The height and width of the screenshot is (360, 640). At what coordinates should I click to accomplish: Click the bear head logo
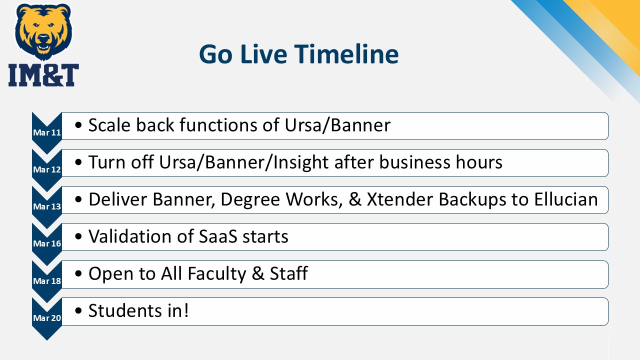click(43, 31)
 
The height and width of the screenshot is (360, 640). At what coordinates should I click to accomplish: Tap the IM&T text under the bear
click(43, 75)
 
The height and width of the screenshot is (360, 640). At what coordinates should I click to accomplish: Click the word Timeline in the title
click(346, 54)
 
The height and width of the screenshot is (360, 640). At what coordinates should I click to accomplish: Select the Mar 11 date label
click(47, 132)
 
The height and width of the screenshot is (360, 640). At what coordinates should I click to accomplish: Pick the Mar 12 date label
click(47, 169)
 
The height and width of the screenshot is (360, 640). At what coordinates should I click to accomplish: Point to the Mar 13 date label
click(47, 206)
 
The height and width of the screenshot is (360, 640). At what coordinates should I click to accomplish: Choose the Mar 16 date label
click(47, 243)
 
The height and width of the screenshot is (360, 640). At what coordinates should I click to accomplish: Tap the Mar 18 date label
click(47, 281)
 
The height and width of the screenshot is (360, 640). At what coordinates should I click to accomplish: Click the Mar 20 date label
click(47, 317)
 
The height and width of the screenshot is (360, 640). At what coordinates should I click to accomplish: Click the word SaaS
click(217, 236)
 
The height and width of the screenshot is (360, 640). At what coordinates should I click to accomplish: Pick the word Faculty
click(217, 273)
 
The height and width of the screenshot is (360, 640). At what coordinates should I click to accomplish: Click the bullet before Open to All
click(78, 273)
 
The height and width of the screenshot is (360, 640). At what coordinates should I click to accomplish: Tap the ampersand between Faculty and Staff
click(258, 273)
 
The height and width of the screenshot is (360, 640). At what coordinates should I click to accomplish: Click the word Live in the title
click(263, 54)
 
